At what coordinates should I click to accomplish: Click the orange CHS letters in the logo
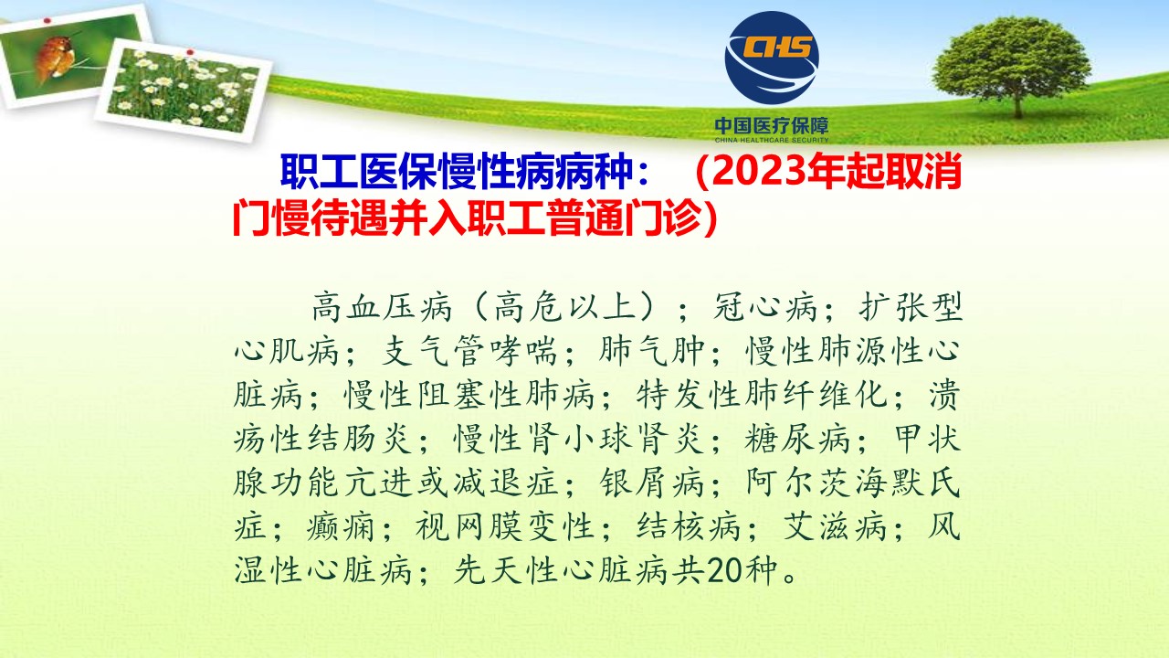[x=777, y=47]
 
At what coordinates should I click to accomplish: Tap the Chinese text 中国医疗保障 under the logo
[x=772, y=126]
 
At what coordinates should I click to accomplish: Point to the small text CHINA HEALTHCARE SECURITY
[x=772, y=140]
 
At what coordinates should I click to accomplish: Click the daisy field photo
[x=184, y=90]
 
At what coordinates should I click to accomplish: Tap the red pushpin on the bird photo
[x=47, y=21]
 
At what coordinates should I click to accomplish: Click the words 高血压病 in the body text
[x=382, y=307]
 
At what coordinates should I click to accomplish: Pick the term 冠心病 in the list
[x=765, y=307]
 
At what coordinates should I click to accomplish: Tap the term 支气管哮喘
[x=469, y=350]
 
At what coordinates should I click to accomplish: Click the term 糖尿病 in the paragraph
[x=797, y=438]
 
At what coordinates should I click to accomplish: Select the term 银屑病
[x=651, y=482]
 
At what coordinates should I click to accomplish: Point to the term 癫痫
[x=341, y=525]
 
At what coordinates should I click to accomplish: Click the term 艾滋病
[x=835, y=525]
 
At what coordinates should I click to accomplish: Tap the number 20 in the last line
[x=724, y=569]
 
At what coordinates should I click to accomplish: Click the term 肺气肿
[x=651, y=350]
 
